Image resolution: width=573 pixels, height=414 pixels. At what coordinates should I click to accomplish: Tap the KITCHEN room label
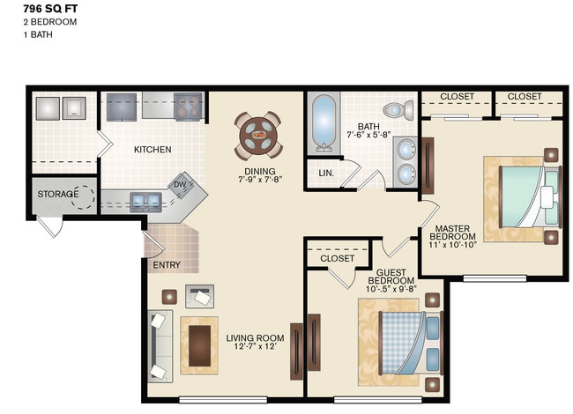[153, 150]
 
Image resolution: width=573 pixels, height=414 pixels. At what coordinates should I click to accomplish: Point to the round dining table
[259, 136]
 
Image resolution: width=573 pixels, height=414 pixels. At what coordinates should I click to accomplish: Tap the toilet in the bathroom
[402, 111]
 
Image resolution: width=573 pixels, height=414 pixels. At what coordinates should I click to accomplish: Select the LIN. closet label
[326, 174]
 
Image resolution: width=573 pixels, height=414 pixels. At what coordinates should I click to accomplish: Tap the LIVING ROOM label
[255, 338]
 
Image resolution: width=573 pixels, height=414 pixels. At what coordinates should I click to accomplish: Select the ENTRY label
[167, 265]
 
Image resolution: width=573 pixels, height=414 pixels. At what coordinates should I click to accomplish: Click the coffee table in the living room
[199, 342]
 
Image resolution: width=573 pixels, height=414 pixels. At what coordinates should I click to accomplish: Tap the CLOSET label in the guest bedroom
[337, 258]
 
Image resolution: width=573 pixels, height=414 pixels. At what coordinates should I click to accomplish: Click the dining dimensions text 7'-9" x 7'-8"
[259, 181]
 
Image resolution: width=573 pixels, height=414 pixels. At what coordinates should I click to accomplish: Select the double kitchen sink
[145, 199]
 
